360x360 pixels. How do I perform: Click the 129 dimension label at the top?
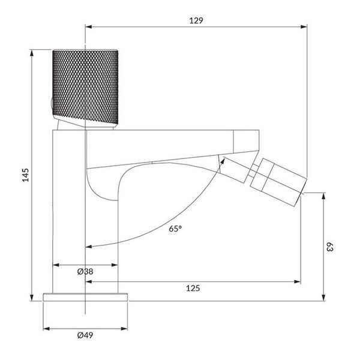(196, 20)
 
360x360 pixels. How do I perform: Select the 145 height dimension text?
(25, 175)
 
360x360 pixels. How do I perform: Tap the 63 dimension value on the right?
(329, 247)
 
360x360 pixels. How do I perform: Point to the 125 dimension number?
(193, 288)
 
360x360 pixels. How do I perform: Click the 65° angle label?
(175, 229)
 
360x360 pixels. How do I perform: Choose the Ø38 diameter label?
(85, 271)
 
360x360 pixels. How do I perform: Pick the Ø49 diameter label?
(85, 335)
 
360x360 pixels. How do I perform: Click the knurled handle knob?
(85, 87)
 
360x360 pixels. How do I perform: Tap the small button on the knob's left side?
(52, 104)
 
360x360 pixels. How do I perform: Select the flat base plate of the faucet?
(85, 297)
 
